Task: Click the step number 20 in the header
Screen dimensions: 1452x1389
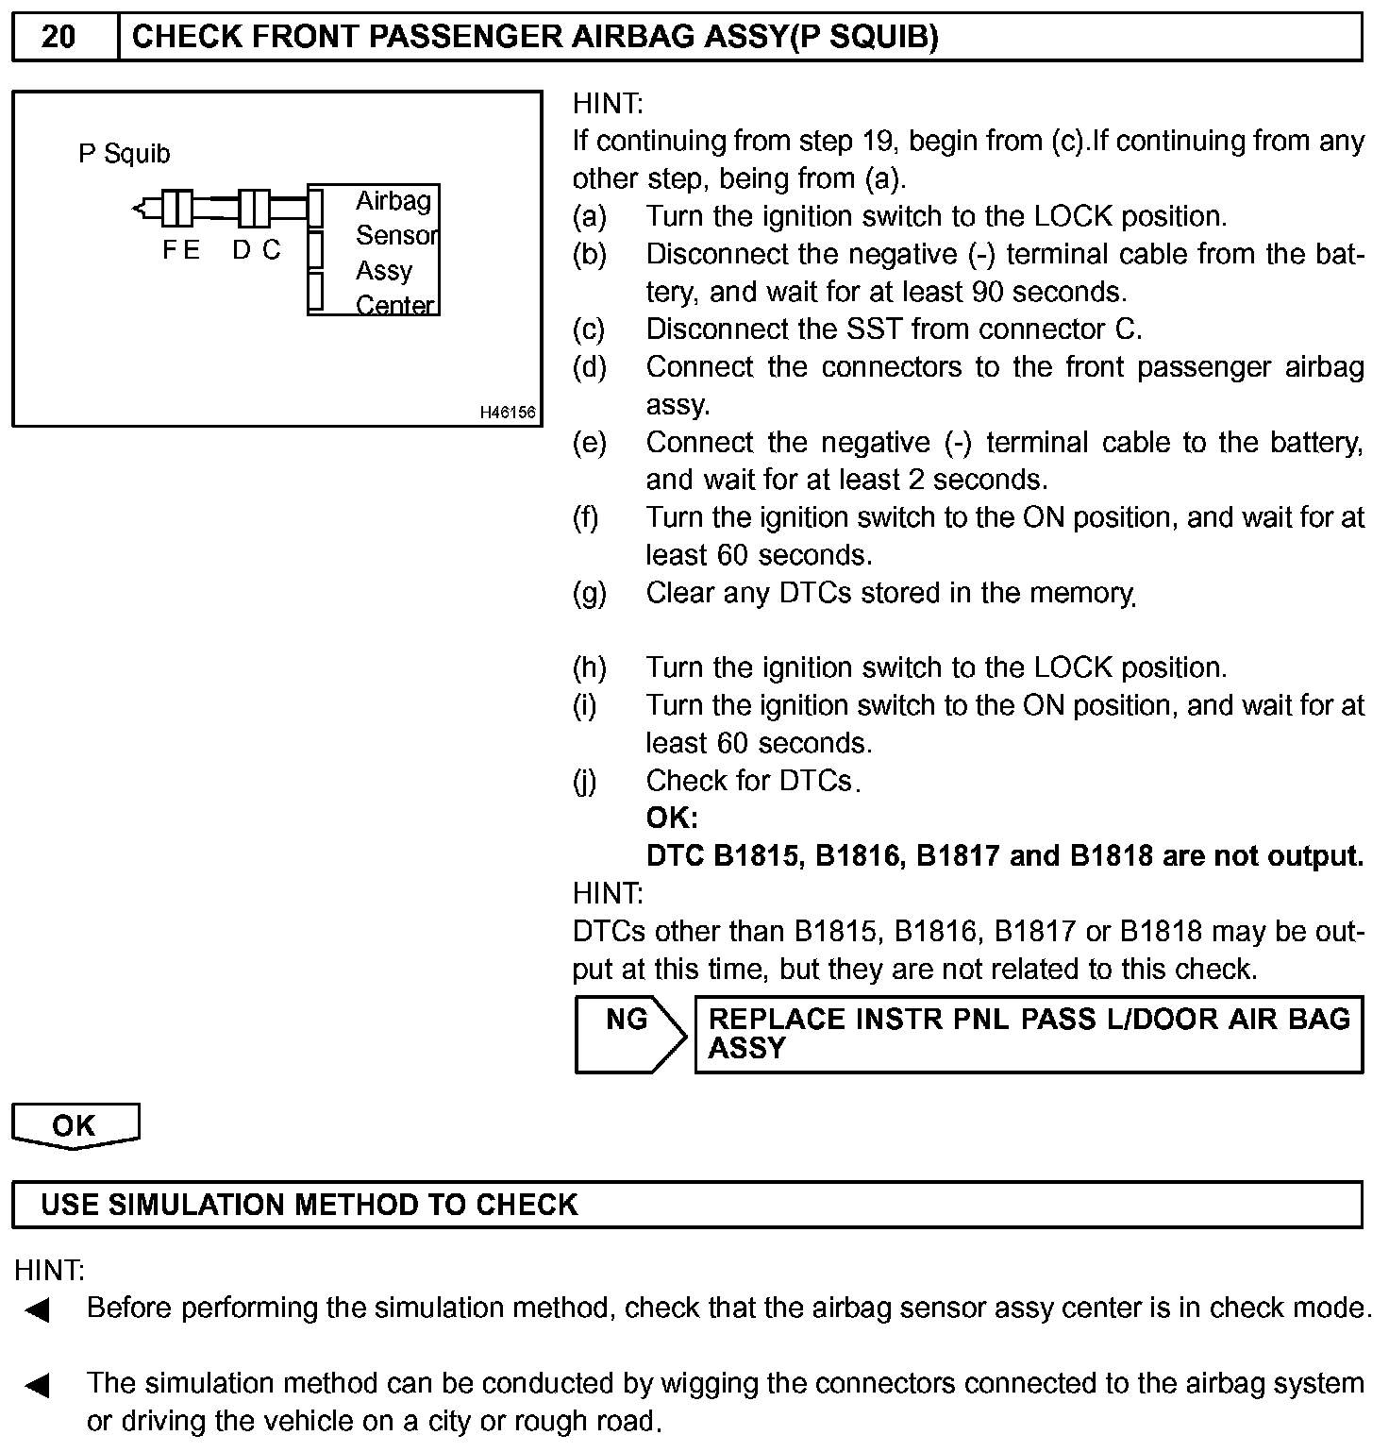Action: click(x=59, y=37)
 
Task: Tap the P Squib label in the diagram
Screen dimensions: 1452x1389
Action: click(x=124, y=154)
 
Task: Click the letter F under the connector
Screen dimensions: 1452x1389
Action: click(x=169, y=250)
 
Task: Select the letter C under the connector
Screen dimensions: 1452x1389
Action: click(x=272, y=250)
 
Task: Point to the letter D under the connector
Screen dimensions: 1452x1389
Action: click(x=242, y=250)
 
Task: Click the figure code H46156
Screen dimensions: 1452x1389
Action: click(x=508, y=413)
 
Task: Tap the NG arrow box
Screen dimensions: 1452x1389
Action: click(x=628, y=1034)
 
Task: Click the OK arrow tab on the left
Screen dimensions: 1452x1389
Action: click(x=74, y=1125)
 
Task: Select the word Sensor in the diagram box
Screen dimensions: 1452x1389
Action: click(x=396, y=235)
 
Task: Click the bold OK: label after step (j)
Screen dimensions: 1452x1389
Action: click(x=672, y=819)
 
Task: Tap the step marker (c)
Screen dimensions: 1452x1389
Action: click(x=589, y=329)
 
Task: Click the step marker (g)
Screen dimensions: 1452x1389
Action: click(x=589, y=593)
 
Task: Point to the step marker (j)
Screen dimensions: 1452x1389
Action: click(x=585, y=782)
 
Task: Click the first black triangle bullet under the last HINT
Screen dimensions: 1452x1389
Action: click(x=37, y=1310)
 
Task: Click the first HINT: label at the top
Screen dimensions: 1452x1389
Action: click(x=608, y=104)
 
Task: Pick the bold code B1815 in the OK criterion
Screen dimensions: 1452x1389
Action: click(x=760, y=856)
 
